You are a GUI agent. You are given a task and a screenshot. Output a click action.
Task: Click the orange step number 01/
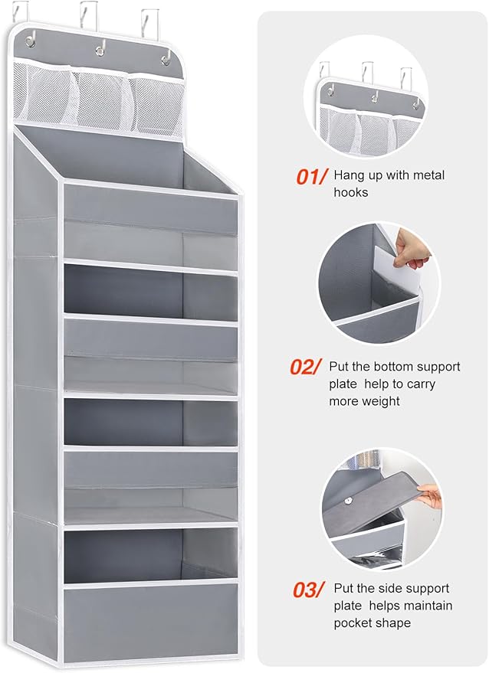pos(311,176)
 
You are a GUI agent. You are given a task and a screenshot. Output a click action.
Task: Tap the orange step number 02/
pos(305,367)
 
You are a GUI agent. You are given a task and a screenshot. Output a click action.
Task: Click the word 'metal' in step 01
pos(428,175)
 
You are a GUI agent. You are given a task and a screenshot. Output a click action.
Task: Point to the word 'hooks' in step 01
pos(351,192)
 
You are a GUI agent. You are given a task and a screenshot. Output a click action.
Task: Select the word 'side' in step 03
pos(389,588)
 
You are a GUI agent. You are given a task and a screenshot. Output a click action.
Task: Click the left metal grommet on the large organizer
pos(30,41)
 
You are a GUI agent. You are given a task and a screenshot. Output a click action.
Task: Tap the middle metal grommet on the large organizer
pos(100,51)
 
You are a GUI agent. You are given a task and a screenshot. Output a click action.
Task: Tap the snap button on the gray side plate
pos(349,500)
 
